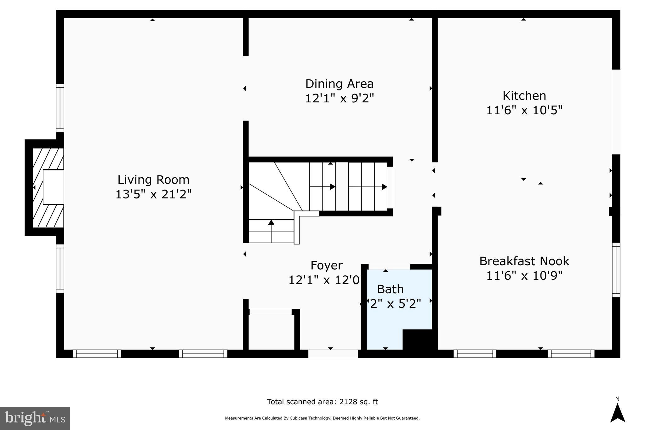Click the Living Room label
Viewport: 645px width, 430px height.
coord(153,180)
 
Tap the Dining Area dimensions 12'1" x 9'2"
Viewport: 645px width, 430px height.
coord(339,98)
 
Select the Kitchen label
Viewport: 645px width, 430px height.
coord(524,96)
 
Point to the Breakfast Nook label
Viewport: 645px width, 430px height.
coord(524,261)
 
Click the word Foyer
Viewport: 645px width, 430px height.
coord(326,265)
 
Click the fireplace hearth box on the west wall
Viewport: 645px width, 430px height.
coord(53,187)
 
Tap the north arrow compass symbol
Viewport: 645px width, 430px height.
coord(617,413)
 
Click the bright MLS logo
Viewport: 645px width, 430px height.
coord(35,418)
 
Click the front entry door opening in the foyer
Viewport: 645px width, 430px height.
coord(333,353)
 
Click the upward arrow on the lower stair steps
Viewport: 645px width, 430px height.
coord(271,223)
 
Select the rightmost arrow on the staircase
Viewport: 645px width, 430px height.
coord(384,187)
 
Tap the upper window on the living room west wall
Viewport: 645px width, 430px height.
coord(60,108)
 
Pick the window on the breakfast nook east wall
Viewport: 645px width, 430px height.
coord(616,270)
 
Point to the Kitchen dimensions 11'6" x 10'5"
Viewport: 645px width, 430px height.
coord(524,110)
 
